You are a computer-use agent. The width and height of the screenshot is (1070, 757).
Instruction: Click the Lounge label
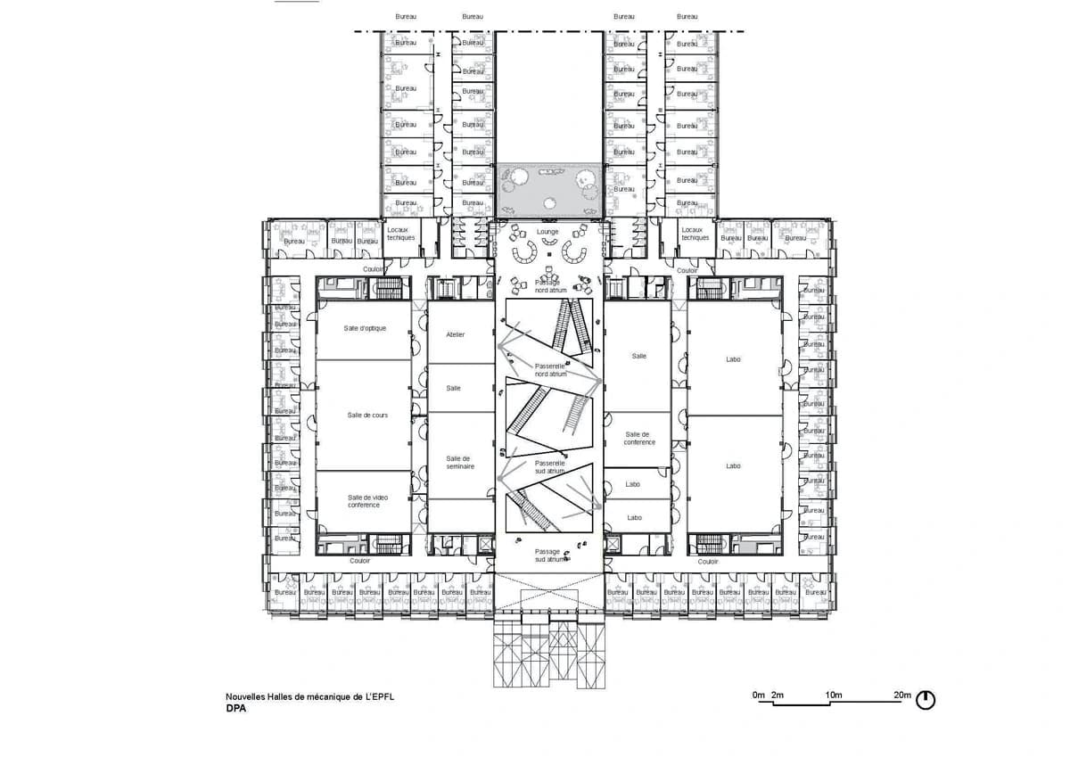(x=547, y=232)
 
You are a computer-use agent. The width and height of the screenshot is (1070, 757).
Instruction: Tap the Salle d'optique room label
(x=365, y=328)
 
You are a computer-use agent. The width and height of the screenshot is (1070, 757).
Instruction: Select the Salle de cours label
(x=366, y=415)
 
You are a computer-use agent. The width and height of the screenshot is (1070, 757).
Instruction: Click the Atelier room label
(x=455, y=334)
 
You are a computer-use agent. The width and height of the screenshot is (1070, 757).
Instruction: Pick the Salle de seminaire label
(x=460, y=462)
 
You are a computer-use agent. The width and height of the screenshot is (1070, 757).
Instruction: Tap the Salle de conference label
(x=639, y=438)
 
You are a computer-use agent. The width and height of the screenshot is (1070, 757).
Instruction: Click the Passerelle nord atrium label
(x=550, y=370)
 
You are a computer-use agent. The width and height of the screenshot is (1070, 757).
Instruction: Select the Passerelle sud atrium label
(x=550, y=467)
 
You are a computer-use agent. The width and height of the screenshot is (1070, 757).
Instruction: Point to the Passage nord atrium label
(x=547, y=286)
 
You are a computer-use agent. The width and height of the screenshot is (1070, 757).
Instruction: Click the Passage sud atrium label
(x=547, y=555)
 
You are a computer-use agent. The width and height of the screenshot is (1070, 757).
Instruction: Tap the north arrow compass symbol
(x=926, y=700)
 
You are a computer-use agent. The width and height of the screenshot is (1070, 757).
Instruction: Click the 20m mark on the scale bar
(x=902, y=695)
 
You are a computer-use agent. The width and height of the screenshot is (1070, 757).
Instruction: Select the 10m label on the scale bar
(x=834, y=695)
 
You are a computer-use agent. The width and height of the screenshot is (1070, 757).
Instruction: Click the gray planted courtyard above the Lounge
(x=547, y=188)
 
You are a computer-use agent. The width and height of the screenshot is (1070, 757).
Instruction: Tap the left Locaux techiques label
(x=401, y=234)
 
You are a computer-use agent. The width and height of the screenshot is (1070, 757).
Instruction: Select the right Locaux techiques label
(x=695, y=234)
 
